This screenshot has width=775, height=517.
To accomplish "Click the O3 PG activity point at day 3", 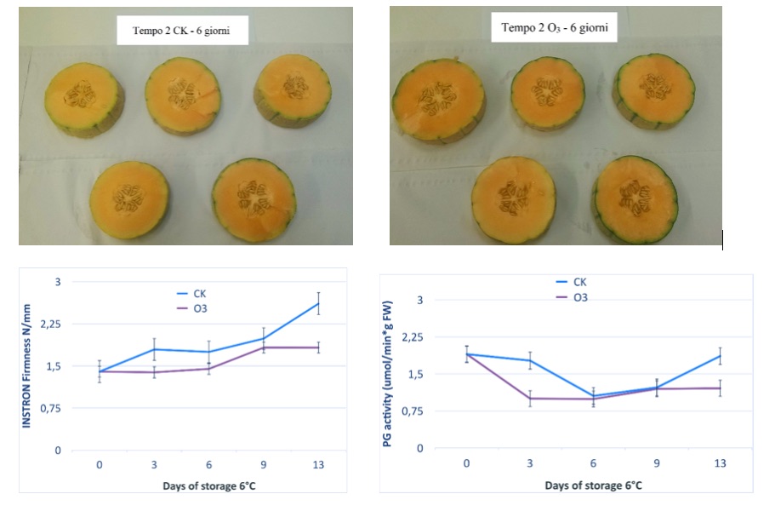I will (x=530, y=398).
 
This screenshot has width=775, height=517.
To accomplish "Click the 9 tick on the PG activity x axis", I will (x=657, y=463).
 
